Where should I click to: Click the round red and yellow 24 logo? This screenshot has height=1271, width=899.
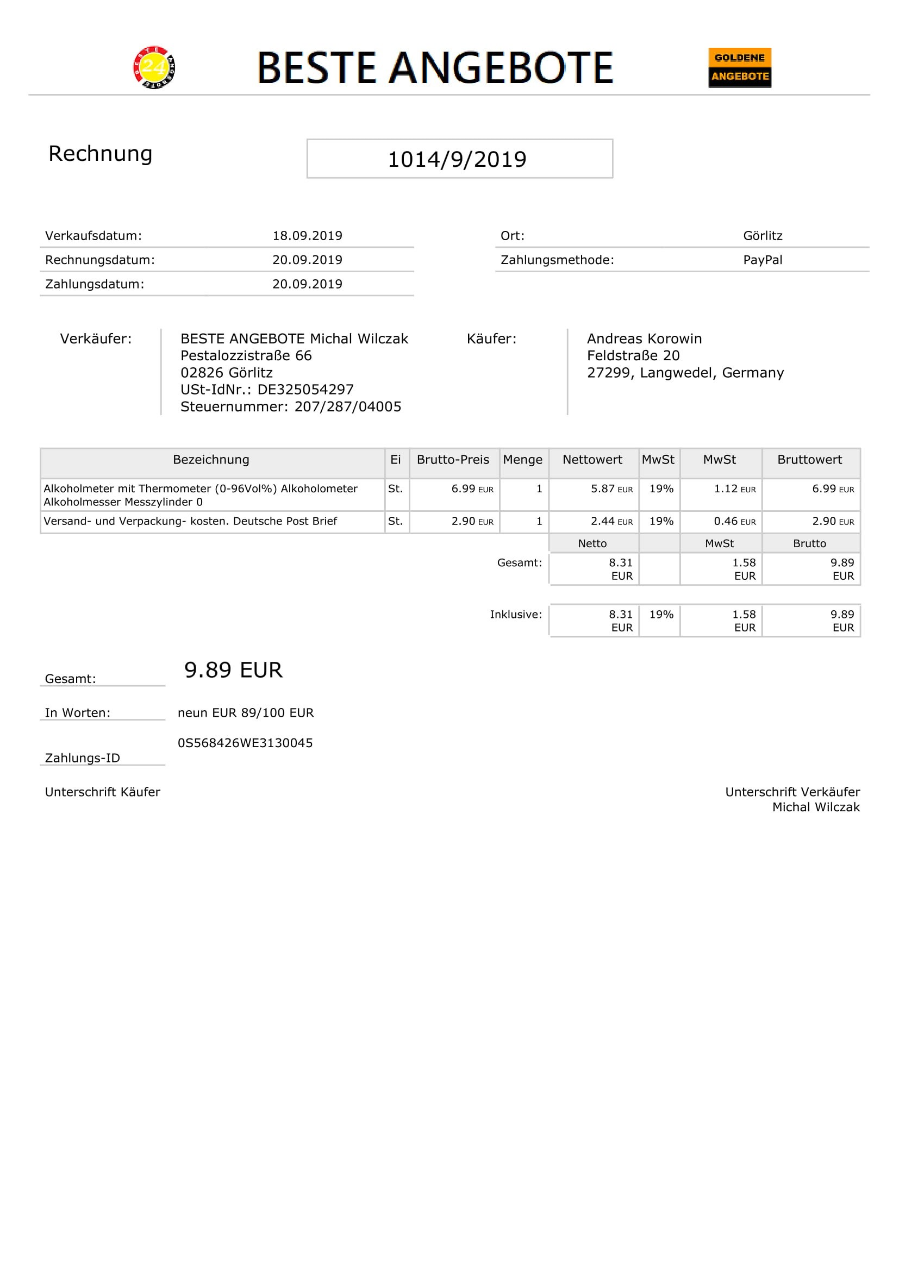click(154, 67)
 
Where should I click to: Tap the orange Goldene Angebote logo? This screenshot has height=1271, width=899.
click(740, 67)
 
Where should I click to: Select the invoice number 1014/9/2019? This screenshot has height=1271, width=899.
click(457, 159)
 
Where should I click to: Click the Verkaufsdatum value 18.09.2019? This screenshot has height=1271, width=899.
click(307, 236)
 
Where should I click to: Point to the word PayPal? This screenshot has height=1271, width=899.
click(762, 260)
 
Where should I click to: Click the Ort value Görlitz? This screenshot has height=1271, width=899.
click(762, 236)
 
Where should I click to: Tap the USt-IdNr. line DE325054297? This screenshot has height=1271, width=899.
click(267, 390)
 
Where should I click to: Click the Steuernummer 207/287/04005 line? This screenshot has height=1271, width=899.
click(291, 407)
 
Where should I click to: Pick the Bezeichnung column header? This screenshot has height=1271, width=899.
click(211, 460)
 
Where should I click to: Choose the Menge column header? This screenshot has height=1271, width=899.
click(522, 460)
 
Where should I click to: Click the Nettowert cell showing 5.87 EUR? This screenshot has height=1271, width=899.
click(611, 489)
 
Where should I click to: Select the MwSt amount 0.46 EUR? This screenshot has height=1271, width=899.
click(734, 522)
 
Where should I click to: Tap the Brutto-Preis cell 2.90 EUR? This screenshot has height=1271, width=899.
click(472, 522)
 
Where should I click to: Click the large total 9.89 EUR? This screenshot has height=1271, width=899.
click(233, 671)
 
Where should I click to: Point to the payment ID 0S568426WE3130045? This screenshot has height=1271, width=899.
click(245, 743)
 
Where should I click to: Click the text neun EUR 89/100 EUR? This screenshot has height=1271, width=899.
click(246, 713)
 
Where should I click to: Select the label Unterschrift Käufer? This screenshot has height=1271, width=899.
click(102, 792)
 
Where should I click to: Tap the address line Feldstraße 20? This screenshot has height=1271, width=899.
click(633, 356)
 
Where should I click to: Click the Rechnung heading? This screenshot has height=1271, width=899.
click(100, 154)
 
